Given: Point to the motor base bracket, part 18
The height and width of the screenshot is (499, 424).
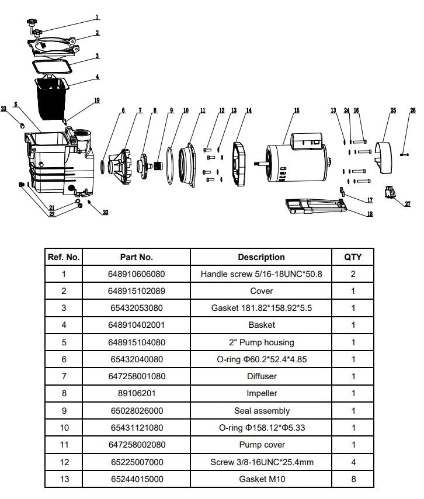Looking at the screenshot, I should point(312,207).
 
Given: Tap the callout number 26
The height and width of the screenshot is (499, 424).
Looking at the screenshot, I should point(413,110).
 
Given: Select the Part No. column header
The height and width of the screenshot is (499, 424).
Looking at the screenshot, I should point(136,257).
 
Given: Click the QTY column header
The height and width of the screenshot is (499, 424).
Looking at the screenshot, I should point(353,257).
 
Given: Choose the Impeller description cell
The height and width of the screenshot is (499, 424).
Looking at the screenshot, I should point(261,394).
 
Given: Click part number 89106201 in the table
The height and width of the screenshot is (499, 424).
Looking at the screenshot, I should point(136,394).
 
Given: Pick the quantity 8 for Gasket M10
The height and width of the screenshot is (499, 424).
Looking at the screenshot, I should point(353,479).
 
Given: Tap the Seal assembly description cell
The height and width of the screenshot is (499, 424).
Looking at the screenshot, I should point(261,411).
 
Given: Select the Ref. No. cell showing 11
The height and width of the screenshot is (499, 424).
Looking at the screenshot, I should point(64,445).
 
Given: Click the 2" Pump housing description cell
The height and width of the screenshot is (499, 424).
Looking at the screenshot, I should point(261,342).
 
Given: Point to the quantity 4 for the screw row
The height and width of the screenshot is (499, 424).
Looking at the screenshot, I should point(353,462).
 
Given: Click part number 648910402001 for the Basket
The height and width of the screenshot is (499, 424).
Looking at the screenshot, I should point(136,325).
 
